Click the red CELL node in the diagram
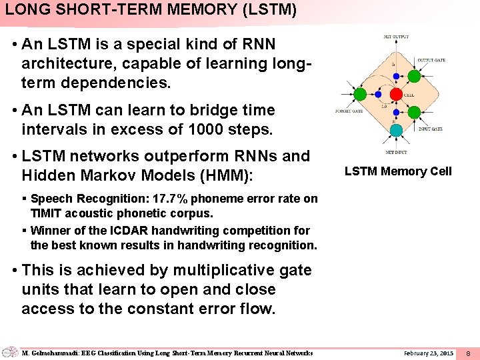[395, 94]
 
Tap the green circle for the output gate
[413, 76]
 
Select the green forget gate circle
[360, 94]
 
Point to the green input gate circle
[413, 111]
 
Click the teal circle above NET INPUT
[395, 129]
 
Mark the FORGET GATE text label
[349, 111]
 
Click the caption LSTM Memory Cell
[398, 171]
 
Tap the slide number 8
[468, 352]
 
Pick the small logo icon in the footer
[10, 352]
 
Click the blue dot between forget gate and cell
[378, 94]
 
